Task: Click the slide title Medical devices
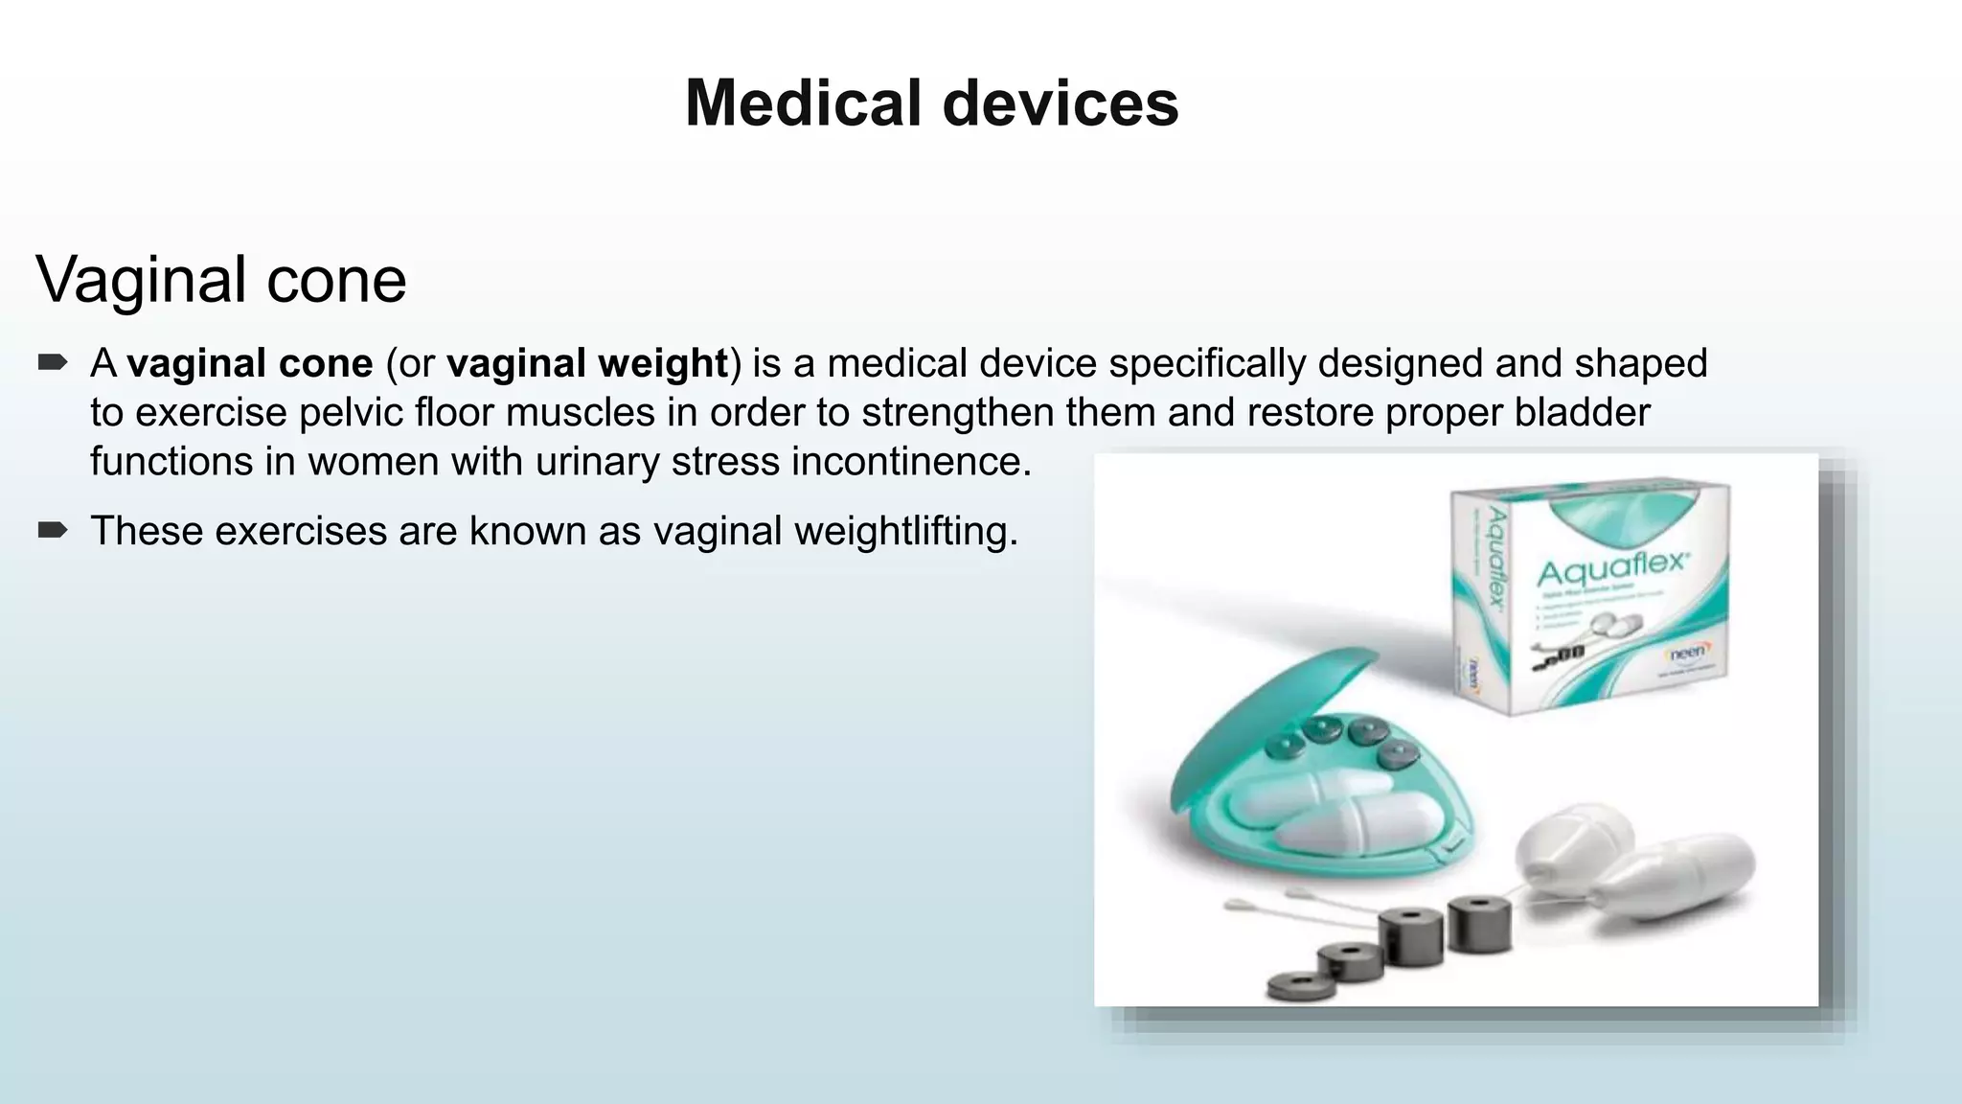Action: point(931,103)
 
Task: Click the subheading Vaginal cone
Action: point(221,280)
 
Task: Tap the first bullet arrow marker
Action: point(53,362)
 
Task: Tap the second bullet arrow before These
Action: point(53,530)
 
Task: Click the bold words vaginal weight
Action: point(586,364)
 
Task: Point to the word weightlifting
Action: point(905,531)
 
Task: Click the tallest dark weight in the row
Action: point(1480,924)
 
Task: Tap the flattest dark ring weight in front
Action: point(1301,986)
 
